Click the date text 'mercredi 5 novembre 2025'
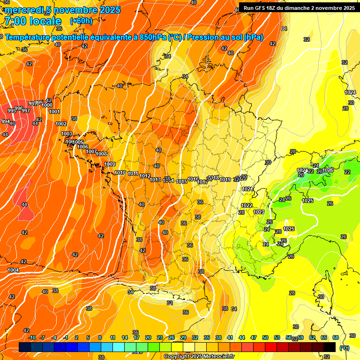pos(63,10)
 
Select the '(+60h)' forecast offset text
pos(81,21)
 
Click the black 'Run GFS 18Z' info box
pos(299,7)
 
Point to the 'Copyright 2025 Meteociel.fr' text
pos(199,356)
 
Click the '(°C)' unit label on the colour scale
pos(344,348)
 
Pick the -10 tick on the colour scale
pos(32,337)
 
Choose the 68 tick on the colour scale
pos(336,337)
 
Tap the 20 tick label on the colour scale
pos(148,337)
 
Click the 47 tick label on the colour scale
pos(254,337)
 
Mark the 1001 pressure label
pos(54,112)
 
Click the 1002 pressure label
pos(61,124)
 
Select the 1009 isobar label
pos(110,164)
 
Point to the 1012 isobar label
pos(145,176)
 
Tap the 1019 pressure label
pos(225,180)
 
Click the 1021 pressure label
pos(247,189)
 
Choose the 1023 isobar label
pos(258,212)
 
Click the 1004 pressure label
pos(13,270)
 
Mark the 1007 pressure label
pos(91,151)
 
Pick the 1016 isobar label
pos(193,180)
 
